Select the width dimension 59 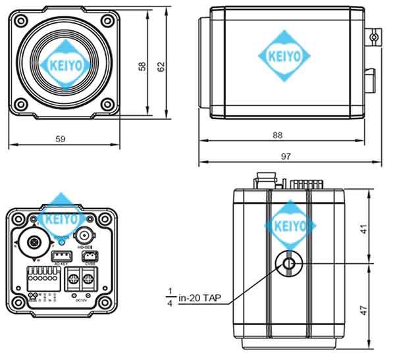[60, 139]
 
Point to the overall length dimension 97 [285, 157]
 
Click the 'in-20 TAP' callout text [199, 298]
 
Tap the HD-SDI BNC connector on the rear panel [85, 235]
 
